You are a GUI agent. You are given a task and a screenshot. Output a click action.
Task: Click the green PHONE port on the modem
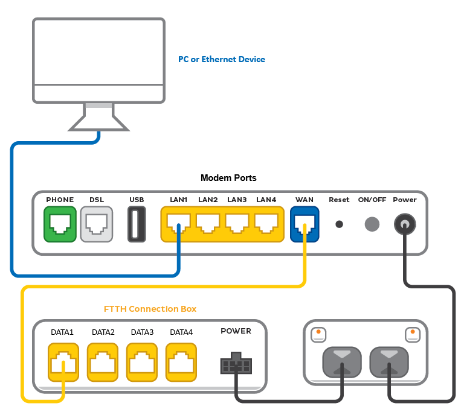[x=60, y=224]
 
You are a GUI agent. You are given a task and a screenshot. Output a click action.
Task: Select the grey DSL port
[x=96, y=224]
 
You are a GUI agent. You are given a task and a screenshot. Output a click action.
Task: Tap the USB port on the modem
[x=137, y=224]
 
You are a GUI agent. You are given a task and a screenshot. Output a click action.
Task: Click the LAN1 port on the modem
[x=178, y=224]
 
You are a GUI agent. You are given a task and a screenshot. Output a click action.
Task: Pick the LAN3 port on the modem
[x=237, y=224]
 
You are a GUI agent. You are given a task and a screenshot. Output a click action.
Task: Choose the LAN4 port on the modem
[x=266, y=224]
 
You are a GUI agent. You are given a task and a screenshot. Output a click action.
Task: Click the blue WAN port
[x=304, y=224]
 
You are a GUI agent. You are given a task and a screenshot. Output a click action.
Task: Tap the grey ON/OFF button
[x=372, y=224]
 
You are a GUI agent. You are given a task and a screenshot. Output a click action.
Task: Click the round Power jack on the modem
[x=405, y=225]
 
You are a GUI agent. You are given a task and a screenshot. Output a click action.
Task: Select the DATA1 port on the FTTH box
[x=62, y=363]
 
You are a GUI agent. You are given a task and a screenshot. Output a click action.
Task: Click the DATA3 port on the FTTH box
[x=142, y=363]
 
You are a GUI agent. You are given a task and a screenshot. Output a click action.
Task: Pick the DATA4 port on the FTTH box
[x=181, y=363]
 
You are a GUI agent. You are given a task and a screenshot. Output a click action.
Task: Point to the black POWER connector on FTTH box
[x=236, y=366]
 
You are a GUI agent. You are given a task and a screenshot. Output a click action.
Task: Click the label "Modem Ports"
[x=228, y=178]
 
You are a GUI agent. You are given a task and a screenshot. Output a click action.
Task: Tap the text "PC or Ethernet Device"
[x=221, y=59]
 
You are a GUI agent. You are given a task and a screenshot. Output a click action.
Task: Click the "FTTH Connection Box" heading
[x=150, y=309]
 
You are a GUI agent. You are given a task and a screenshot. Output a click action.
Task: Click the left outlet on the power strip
[x=343, y=361]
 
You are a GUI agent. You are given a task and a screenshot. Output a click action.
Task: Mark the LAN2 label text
[x=208, y=200]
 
